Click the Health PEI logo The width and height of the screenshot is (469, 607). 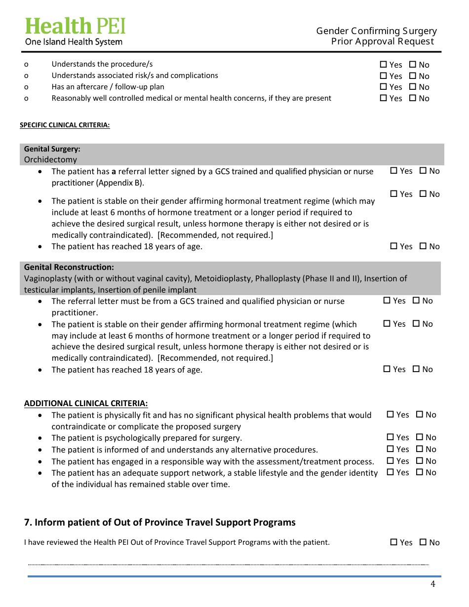[75, 26]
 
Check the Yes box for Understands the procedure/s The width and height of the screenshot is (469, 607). [384, 65]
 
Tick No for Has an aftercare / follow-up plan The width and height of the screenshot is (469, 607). [413, 87]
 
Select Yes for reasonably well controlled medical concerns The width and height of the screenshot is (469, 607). [384, 98]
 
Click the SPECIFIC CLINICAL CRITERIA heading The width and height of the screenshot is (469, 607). [65, 125]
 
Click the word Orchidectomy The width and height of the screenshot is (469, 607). [50, 159]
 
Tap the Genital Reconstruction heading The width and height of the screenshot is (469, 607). [69, 267]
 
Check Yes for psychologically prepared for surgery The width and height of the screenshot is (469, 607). [391, 437]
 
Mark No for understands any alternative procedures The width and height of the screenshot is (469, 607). [420, 449]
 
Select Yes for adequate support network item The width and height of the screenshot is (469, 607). [391, 472]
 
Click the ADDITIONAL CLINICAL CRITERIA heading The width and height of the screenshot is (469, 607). [86, 403]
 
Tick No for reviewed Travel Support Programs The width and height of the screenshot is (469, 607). [423, 542]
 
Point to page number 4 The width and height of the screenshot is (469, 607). [433, 584]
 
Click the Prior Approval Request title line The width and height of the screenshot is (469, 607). [383, 41]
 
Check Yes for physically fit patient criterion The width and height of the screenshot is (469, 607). [391, 415]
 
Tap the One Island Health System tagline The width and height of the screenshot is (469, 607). [74, 42]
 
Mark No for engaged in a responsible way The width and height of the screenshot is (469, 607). [420, 461]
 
